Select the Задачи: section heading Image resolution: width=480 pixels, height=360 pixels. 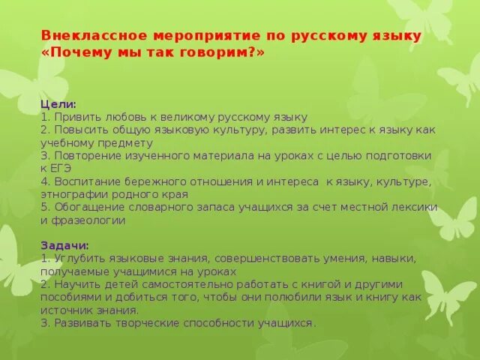65,245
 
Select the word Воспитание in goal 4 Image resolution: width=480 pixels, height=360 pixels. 86,181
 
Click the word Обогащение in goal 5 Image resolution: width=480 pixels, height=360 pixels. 86,207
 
